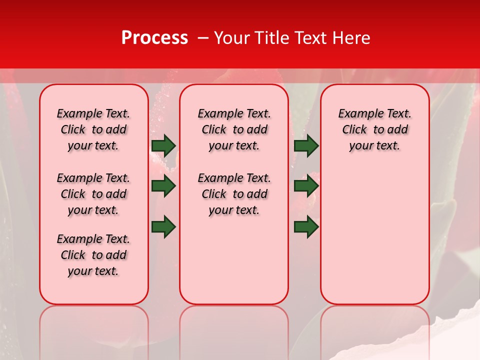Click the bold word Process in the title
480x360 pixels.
click(154, 38)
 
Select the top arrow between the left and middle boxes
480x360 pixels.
click(163, 145)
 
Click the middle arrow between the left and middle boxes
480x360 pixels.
click(163, 186)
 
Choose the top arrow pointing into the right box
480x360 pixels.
click(306, 145)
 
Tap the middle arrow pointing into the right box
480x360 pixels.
click(306, 186)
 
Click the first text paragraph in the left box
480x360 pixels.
click(93, 129)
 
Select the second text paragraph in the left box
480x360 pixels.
click(93, 194)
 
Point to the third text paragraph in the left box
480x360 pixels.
click(93, 255)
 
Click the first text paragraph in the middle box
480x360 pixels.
click(234, 129)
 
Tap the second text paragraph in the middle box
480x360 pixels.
click(234, 194)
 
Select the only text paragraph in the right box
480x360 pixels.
click(374, 129)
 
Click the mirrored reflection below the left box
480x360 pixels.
click(94, 330)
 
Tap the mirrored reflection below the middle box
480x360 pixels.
click(234, 330)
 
